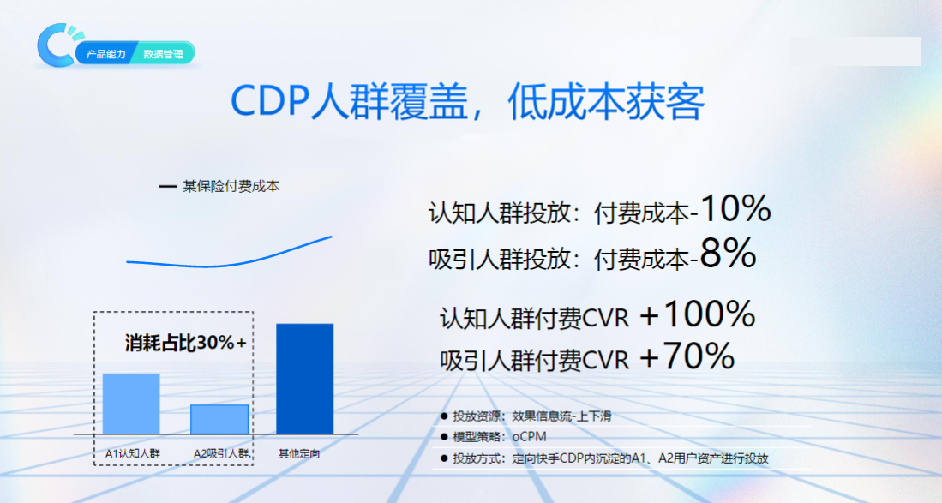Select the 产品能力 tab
coord(106,54)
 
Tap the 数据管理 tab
coord(163,54)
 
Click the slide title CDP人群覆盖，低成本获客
coord(467,103)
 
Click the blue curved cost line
coord(229,254)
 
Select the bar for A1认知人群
coord(131,404)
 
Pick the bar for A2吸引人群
coord(219,419)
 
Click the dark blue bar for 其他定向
coord(304,379)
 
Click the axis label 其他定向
coord(299,453)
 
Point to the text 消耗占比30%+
coord(186,344)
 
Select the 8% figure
coord(728,254)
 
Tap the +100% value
coord(697,315)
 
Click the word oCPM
coord(530,437)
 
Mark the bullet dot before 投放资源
coord(444,416)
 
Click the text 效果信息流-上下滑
coord(561,416)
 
